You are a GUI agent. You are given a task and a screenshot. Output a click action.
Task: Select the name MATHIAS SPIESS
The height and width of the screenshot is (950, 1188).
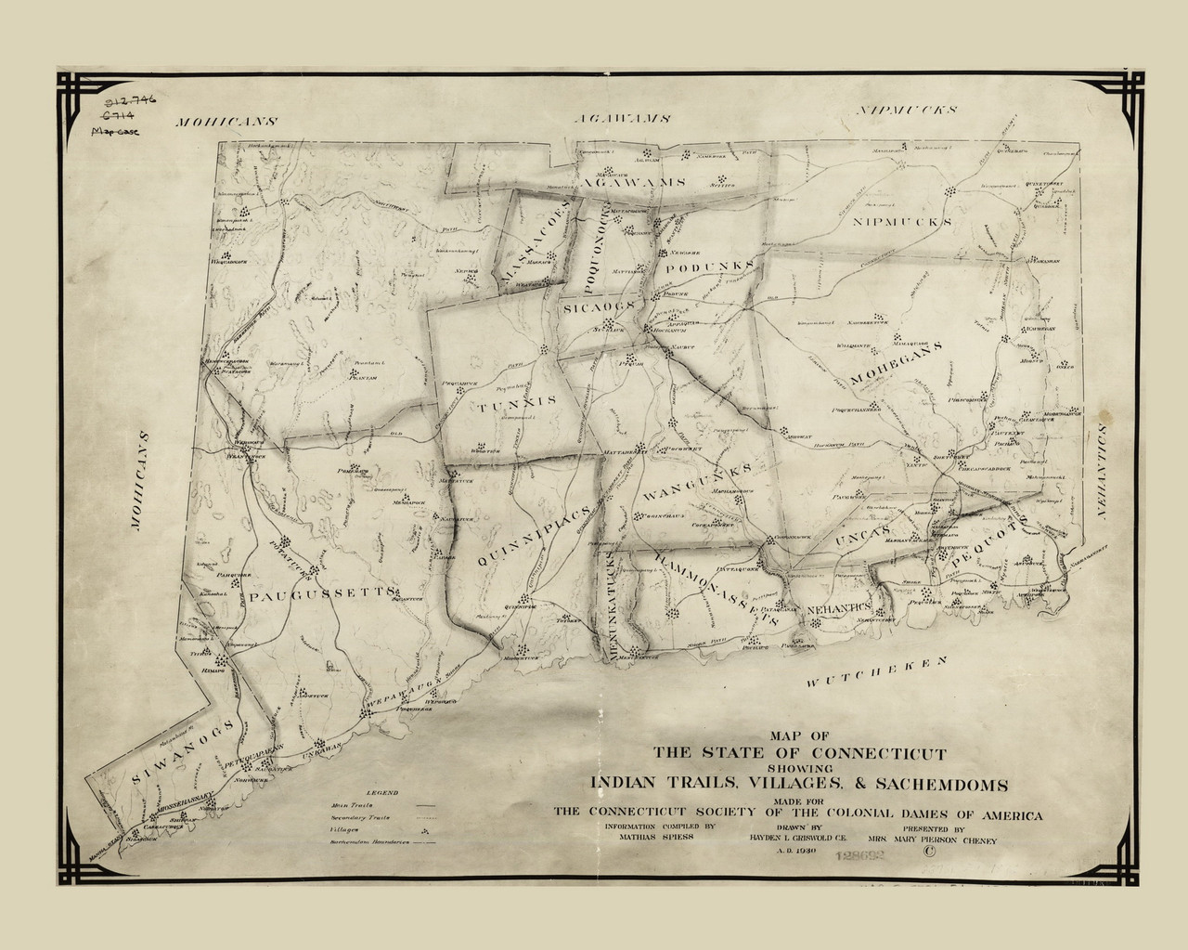point(649,836)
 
